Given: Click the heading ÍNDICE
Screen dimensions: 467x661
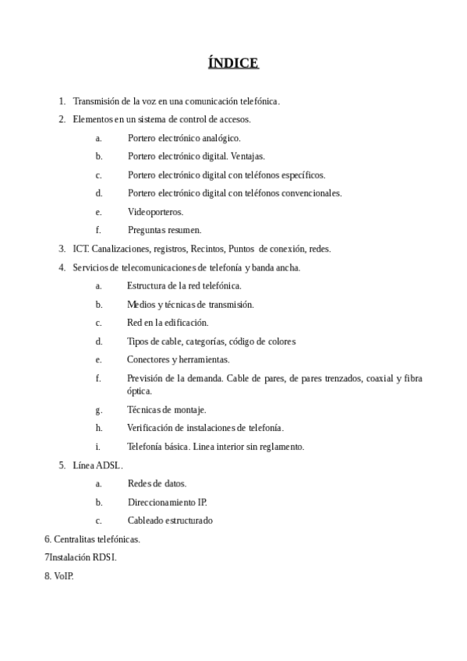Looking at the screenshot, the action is (233, 63).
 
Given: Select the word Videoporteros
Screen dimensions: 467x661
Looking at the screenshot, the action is (155, 211).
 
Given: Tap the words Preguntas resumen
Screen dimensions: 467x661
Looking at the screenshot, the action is (165, 230).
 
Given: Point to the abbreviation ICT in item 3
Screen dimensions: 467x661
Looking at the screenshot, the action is (80, 249).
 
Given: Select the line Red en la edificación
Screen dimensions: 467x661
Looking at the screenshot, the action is (168, 322).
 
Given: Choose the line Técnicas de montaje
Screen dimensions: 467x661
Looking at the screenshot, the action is (166, 409).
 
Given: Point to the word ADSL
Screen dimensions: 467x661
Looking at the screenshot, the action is (108, 465).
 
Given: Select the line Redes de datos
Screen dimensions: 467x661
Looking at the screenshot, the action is (157, 483).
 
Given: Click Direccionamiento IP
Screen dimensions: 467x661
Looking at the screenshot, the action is (167, 502).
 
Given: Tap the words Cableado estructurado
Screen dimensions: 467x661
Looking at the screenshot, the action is (170, 521).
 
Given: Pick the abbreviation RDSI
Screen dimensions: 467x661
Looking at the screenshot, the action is (104, 557).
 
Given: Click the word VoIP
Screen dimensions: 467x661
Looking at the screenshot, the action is (63, 576).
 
